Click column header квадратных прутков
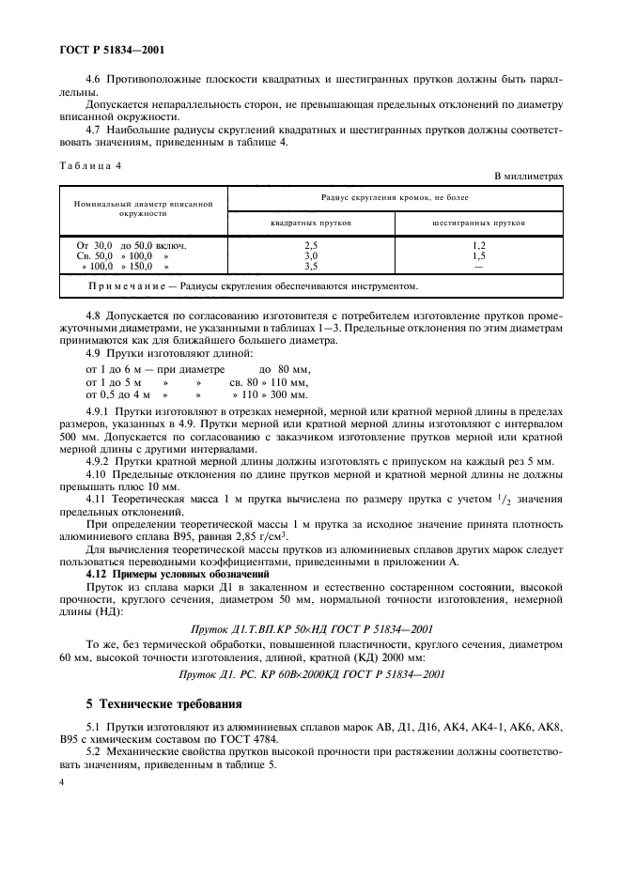point(311,224)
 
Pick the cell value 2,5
point(311,245)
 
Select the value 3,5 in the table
point(311,267)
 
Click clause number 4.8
point(94,316)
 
